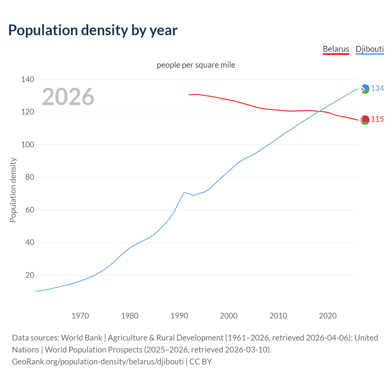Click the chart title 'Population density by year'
click(x=93, y=30)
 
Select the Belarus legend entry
click(x=336, y=49)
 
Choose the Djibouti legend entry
click(x=370, y=49)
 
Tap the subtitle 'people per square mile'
click(x=196, y=65)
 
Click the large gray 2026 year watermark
click(x=68, y=97)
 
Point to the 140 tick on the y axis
click(x=28, y=80)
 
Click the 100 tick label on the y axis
click(x=28, y=145)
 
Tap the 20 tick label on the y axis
click(x=29, y=275)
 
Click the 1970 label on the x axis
click(x=80, y=316)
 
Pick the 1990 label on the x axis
click(x=179, y=316)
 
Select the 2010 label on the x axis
click(x=278, y=316)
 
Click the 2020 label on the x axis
click(x=328, y=316)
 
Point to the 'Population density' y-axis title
click(x=13, y=190)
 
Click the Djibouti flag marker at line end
click(x=365, y=89)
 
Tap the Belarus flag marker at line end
click(x=365, y=120)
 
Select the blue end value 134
click(x=377, y=89)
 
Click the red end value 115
click(x=377, y=119)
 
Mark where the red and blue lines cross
click(x=319, y=111)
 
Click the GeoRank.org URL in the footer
click(x=98, y=362)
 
